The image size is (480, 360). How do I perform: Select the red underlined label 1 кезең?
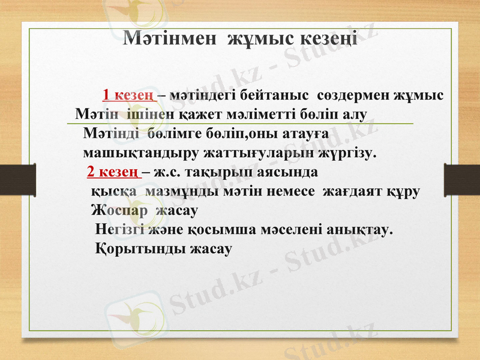coord(128,95)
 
